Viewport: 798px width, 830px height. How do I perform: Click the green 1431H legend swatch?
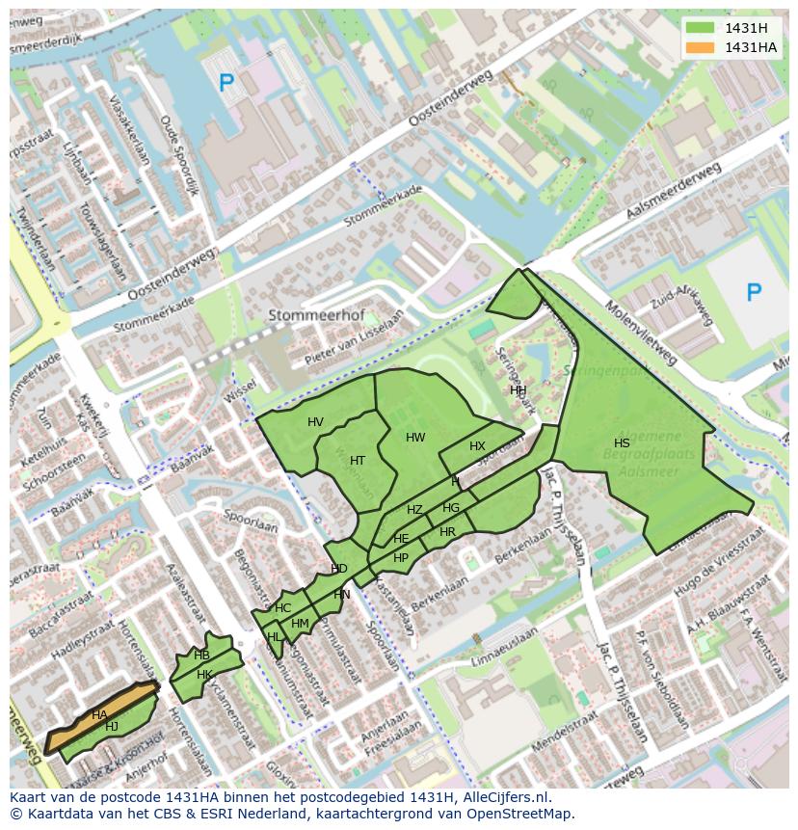coord(701,28)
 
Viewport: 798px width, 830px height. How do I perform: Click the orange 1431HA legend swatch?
coord(701,47)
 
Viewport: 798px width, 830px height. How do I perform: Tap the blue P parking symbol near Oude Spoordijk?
coord(226,84)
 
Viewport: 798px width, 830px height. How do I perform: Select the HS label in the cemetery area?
coord(622,443)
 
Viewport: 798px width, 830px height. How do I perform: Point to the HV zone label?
coord(315,422)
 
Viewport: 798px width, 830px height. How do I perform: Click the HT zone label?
coord(358,461)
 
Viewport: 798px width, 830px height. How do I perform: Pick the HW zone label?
coord(415,438)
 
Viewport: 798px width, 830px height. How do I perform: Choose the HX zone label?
coord(477,446)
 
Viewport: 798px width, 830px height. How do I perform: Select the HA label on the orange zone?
coord(99,715)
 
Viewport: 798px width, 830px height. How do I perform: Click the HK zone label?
coord(204,675)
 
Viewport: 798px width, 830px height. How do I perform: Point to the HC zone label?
coord(282,608)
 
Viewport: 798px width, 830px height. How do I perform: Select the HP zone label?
coord(401,558)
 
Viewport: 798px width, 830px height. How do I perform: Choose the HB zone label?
coord(201,656)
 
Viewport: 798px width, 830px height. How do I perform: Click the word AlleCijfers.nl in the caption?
coord(503,797)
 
